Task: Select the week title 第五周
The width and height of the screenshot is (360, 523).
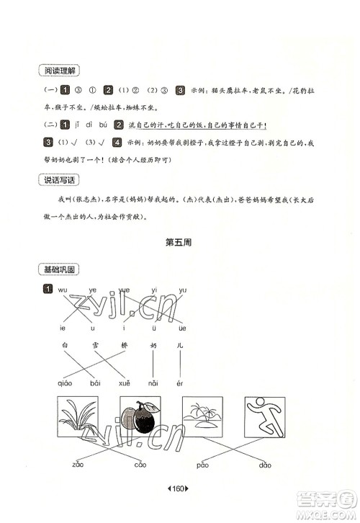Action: point(179,243)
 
